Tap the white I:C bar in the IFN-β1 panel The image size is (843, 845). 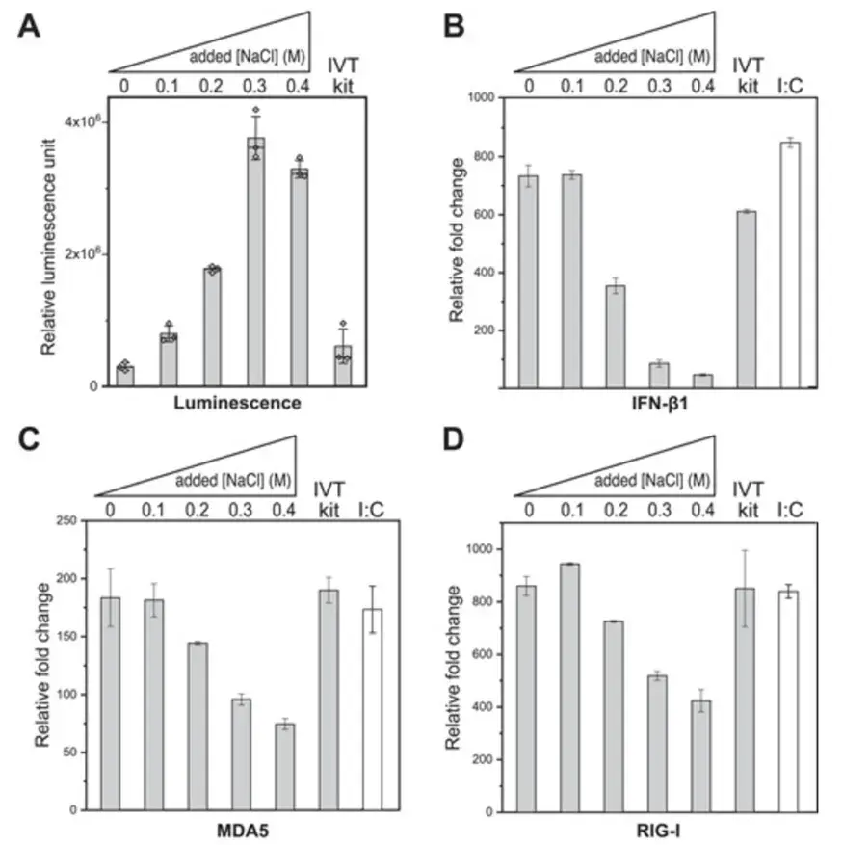point(791,265)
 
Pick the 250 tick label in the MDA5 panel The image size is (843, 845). point(66,521)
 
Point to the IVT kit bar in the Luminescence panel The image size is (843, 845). point(343,366)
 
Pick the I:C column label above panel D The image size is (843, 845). point(789,506)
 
